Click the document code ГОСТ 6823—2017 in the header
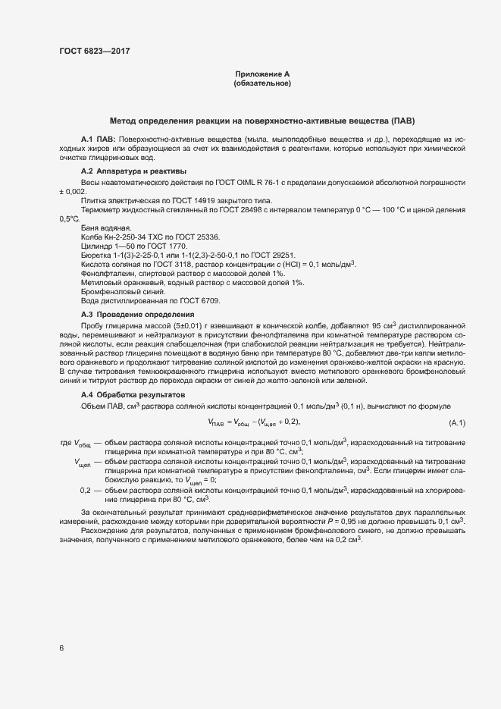click(x=93, y=51)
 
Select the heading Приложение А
click(x=262, y=74)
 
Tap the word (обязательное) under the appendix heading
click(x=262, y=83)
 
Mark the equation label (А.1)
click(x=457, y=422)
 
